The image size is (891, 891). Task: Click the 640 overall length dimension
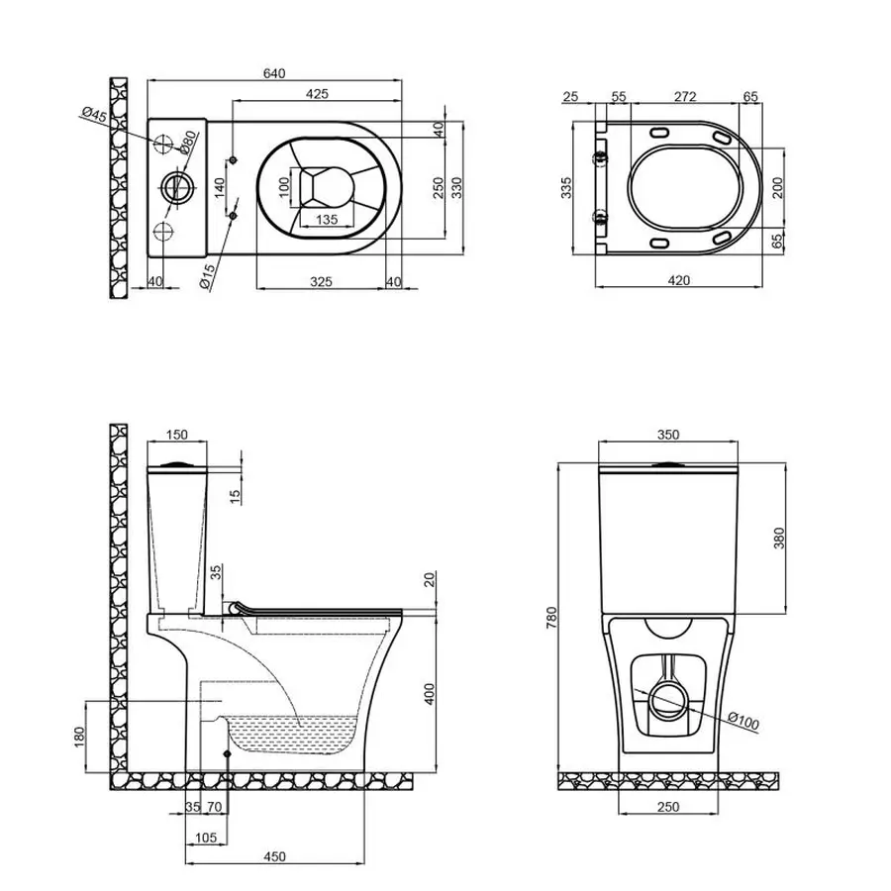pos(275,72)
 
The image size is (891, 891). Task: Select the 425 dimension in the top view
pos(316,93)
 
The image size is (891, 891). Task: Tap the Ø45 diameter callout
pos(94,116)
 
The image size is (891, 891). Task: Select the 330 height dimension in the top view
pos(456,188)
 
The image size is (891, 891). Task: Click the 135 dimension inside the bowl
pos(328,220)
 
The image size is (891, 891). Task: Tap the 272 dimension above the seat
pos(685,96)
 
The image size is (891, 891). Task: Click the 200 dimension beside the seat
pos(777,188)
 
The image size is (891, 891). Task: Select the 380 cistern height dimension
pos(777,538)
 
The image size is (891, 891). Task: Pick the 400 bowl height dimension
pos(430,694)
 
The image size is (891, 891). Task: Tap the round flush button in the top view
pos(175,187)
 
